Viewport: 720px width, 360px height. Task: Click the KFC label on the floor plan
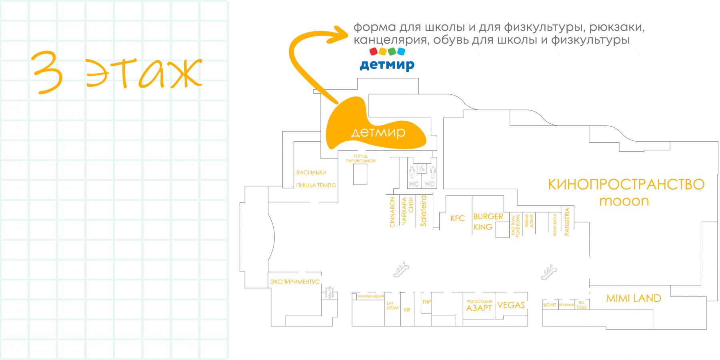pyautogui.click(x=458, y=218)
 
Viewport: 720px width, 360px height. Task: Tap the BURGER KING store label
pyautogui.click(x=488, y=222)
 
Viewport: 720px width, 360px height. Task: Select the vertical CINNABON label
pyautogui.click(x=392, y=212)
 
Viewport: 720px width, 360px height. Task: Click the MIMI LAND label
pyautogui.click(x=633, y=298)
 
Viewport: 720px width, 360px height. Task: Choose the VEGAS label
pyautogui.click(x=511, y=305)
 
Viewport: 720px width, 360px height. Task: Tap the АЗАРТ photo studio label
pyautogui.click(x=479, y=308)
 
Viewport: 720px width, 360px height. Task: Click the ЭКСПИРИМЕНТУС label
pyautogui.click(x=295, y=282)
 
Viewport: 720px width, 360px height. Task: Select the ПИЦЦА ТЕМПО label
pyautogui.click(x=316, y=185)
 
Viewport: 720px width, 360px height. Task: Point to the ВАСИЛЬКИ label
pyautogui.click(x=311, y=172)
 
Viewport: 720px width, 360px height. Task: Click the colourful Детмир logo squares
pyautogui.click(x=387, y=51)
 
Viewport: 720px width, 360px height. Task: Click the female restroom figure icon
pyautogui.click(x=412, y=172)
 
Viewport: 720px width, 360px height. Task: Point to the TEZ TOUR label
pyautogui.click(x=582, y=305)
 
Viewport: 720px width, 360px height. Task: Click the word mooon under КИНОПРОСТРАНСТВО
pyautogui.click(x=624, y=201)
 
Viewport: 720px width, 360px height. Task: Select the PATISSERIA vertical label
pyautogui.click(x=567, y=222)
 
